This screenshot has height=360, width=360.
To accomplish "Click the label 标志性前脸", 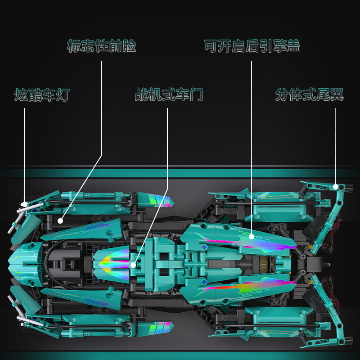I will click(101, 46).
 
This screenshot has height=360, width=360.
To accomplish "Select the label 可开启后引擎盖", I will click(252, 46).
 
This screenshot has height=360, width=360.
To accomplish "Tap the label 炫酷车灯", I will click(42, 95).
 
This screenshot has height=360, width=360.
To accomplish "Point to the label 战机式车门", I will click(169, 95).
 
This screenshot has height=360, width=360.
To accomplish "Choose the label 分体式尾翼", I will click(309, 95).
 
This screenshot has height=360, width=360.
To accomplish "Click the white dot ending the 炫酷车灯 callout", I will click(24, 203).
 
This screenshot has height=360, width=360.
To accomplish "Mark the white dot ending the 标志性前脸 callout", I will click(60, 220).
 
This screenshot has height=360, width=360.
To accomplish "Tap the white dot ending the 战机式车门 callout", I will click(133, 265).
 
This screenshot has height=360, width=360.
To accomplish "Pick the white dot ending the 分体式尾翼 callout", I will click(336, 186).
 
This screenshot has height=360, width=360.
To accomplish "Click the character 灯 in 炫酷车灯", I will click(63, 95).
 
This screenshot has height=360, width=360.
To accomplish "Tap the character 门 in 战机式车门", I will click(197, 95).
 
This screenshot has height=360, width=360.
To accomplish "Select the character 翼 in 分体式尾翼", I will click(336, 95).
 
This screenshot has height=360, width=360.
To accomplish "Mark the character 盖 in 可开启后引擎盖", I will click(293, 46).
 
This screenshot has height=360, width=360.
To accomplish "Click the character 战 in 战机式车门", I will click(142, 95).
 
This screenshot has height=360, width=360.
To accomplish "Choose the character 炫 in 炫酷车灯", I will click(21, 95).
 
